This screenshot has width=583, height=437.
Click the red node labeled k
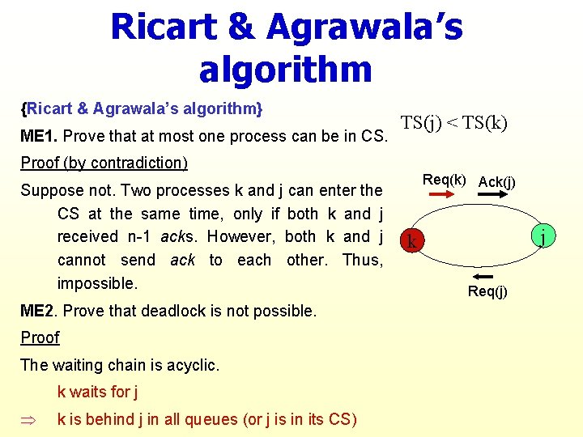coord(412,240)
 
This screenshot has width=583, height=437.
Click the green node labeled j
coord(543,235)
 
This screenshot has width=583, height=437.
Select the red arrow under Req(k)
coord(441,193)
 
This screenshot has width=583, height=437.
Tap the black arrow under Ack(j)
coord(492,193)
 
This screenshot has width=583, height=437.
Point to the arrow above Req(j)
coord(483,277)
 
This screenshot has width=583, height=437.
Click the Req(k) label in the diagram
coord(444,180)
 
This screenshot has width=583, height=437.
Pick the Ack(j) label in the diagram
coord(496,182)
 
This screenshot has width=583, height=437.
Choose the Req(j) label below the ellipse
coord(487,291)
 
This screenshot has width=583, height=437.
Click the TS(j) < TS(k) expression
coord(454,123)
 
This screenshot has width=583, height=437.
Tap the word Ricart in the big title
coord(164,27)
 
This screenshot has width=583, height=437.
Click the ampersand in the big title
coord(241,27)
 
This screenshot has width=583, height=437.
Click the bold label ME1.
coord(39,136)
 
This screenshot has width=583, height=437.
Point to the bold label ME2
coord(37,311)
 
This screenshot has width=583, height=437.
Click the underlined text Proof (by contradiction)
coord(104,163)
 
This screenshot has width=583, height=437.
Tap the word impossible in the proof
coord(97,284)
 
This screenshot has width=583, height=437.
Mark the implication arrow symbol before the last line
coord(28,420)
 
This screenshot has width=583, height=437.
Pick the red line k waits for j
coord(97,392)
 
